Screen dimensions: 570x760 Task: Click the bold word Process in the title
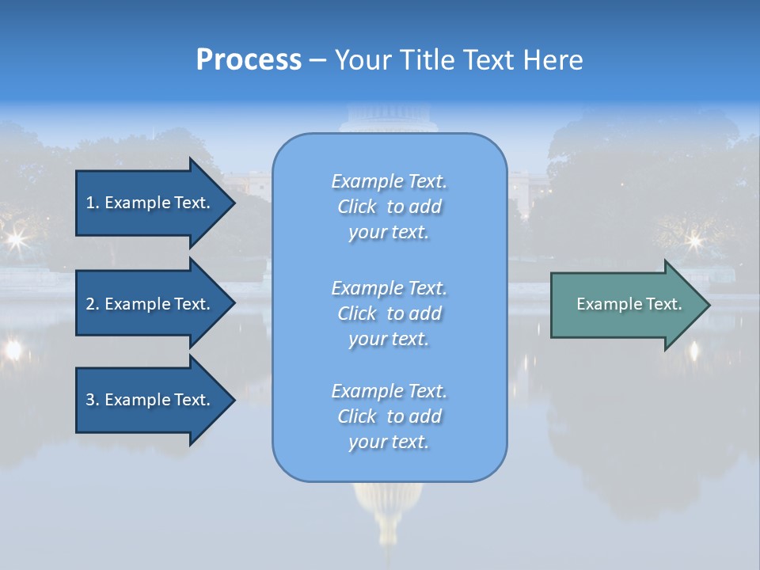click(x=249, y=60)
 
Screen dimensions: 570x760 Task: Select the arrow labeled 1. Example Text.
click(x=150, y=203)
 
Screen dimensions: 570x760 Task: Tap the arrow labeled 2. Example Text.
click(x=150, y=304)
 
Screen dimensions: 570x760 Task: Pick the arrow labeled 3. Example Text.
click(x=150, y=400)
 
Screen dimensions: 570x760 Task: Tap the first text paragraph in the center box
click(x=389, y=207)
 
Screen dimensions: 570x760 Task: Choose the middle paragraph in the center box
click(x=389, y=313)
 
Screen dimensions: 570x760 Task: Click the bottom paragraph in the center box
click(x=389, y=416)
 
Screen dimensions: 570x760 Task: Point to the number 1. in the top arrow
click(x=93, y=203)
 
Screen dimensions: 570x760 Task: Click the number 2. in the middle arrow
click(x=93, y=304)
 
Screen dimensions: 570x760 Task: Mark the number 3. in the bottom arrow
click(x=93, y=400)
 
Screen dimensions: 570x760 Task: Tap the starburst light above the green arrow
click(x=693, y=239)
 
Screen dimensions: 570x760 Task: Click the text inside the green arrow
click(x=629, y=304)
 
